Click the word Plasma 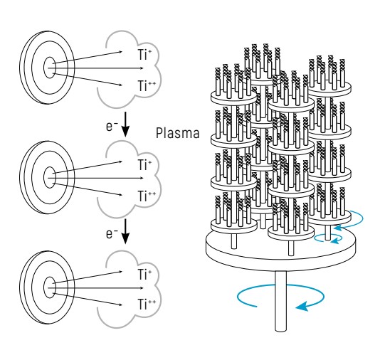point(177,133)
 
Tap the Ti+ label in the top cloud point(144,54)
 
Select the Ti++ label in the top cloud point(147,86)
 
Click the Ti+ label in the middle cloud point(144,164)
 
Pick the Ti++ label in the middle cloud point(147,196)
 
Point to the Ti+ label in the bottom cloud point(144,274)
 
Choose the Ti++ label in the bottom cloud point(147,305)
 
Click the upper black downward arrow point(125,125)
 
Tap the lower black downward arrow point(125,231)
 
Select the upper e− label point(112,127)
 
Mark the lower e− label point(112,234)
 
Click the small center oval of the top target point(50,68)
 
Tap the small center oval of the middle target point(50,178)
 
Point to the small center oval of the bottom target point(50,287)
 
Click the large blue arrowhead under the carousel point(302,307)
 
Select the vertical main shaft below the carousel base point(280,301)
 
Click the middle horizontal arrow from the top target point(95,68)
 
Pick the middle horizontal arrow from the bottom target point(95,288)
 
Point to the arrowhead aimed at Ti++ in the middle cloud point(120,195)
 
